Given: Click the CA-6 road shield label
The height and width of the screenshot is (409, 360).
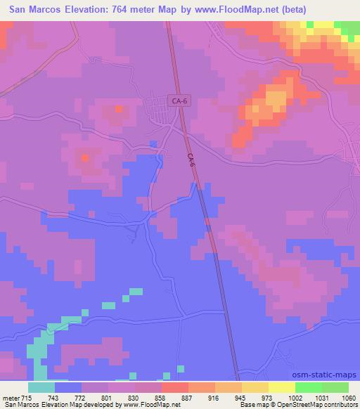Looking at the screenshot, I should pos(179,101).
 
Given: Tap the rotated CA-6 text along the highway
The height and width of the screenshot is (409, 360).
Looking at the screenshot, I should pos(193,162).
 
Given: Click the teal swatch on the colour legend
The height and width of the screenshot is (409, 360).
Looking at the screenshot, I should pos(41,387).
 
